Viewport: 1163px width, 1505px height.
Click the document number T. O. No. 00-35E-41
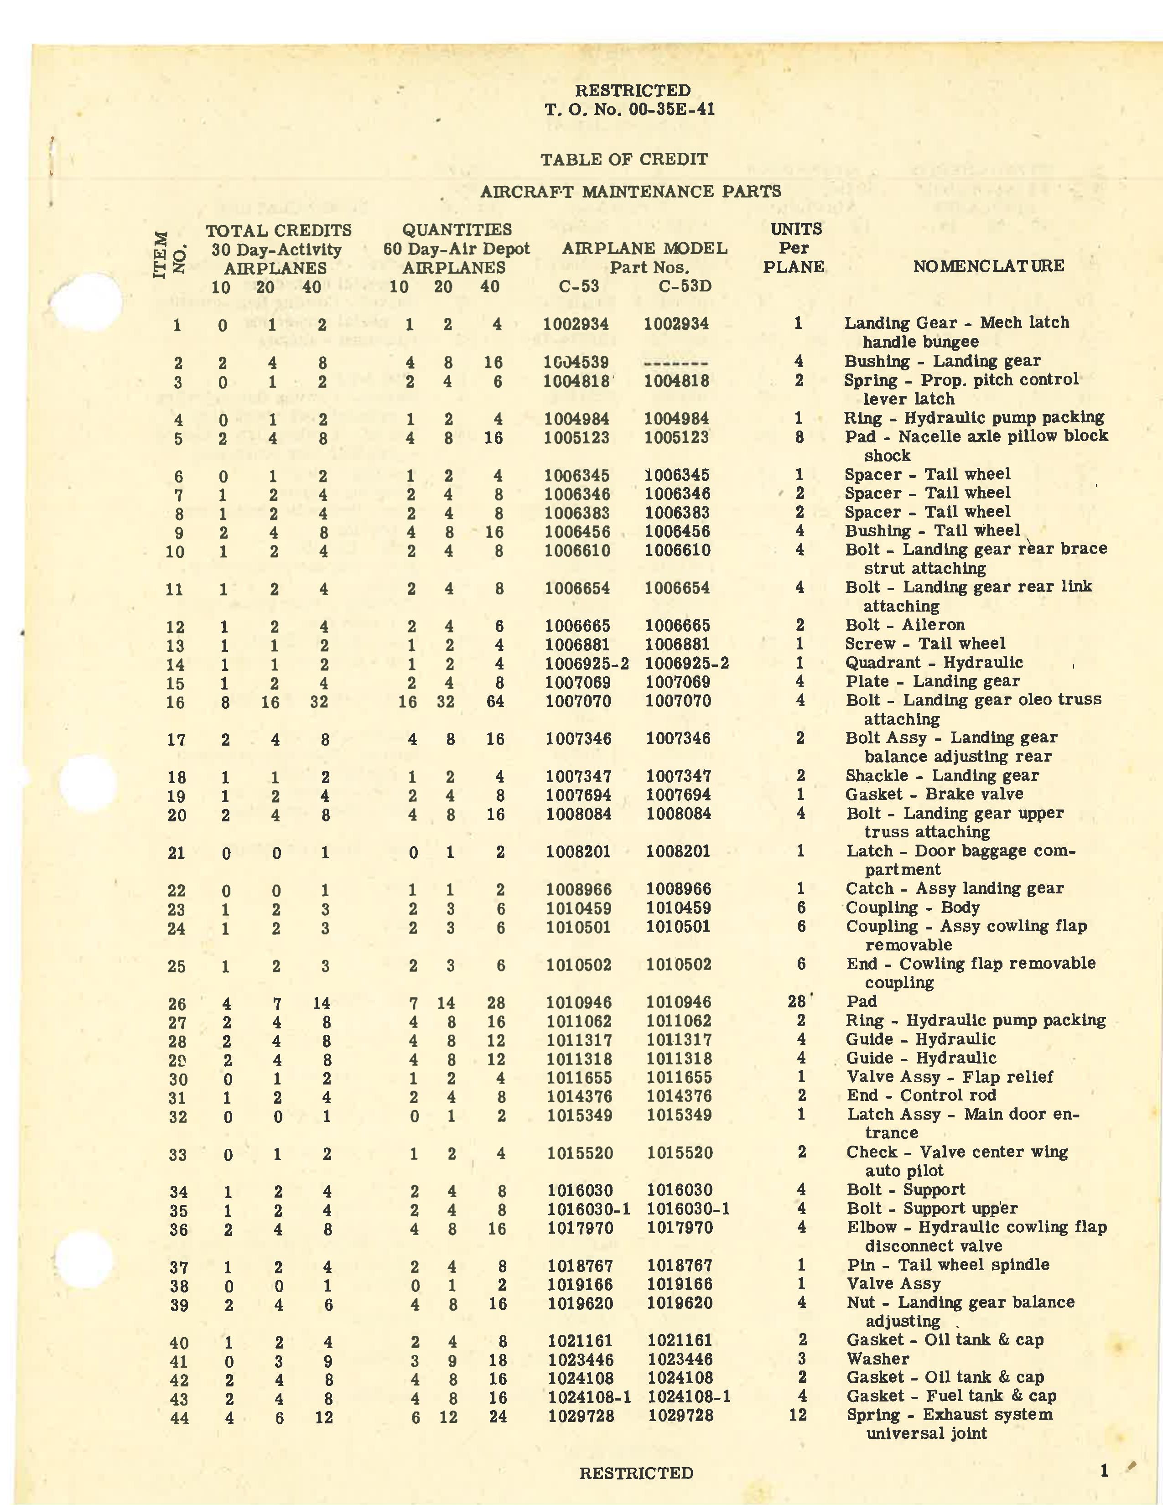[629, 109]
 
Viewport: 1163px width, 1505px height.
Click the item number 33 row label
[177, 1154]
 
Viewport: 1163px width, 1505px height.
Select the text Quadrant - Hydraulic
[934, 663]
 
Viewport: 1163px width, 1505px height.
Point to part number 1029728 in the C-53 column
[581, 1416]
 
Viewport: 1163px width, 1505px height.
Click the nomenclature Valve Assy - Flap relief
[949, 1076]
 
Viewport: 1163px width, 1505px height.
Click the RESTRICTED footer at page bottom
[635, 1473]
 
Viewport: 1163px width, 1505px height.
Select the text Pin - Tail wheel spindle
[947, 1265]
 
